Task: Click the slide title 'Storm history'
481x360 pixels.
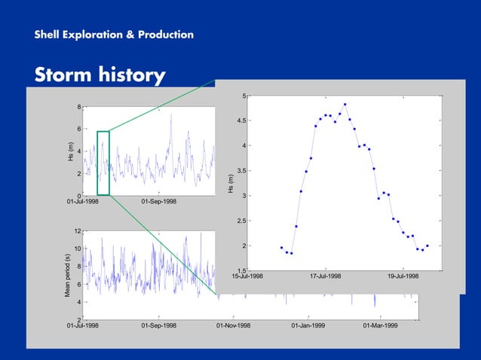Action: pyautogui.click(x=100, y=75)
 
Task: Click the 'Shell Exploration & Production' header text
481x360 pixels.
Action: pyautogui.click(x=113, y=35)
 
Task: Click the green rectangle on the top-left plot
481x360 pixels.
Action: pyautogui.click(x=103, y=163)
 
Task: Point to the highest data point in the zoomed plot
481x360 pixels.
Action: pyautogui.click(x=345, y=105)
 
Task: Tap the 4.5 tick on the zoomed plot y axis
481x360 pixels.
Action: pyautogui.click(x=239, y=121)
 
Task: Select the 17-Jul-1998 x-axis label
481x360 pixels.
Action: pyautogui.click(x=326, y=276)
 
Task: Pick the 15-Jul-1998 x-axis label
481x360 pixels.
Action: pyautogui.click(x=247, y=276)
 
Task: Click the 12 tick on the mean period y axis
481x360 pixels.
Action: pyautogui.click(x=78, y=231)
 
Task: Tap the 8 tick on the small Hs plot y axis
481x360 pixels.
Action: pyautogui.click(x=79, y=107)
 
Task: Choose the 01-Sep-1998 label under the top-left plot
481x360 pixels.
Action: pyautogui.click(x=159, y=202)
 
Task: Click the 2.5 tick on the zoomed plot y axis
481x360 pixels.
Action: pyautogui.click(x=239, y=221)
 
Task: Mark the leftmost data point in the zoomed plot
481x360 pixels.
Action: pyautogui.click(x=281, y=247)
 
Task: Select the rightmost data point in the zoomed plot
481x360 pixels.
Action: pyautogui.click(x=427, y=246)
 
